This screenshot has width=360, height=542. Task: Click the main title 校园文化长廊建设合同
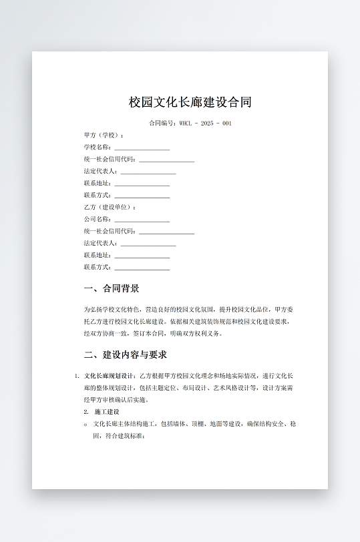190,102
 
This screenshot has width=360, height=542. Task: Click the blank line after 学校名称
142,148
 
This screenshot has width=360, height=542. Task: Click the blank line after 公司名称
142,220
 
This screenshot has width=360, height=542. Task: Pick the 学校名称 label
98,147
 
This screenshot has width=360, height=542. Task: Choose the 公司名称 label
98,219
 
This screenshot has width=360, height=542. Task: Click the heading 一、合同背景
112,289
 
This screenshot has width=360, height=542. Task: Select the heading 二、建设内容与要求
126,354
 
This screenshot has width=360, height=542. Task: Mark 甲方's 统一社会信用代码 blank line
166,160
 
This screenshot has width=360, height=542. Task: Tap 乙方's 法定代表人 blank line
148,244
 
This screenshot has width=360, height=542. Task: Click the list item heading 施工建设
107,412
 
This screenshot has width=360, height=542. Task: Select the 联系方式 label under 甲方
98,195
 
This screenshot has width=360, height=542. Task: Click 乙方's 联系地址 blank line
142,256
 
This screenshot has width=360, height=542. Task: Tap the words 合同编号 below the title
161,123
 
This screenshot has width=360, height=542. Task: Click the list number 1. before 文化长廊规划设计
77,376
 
